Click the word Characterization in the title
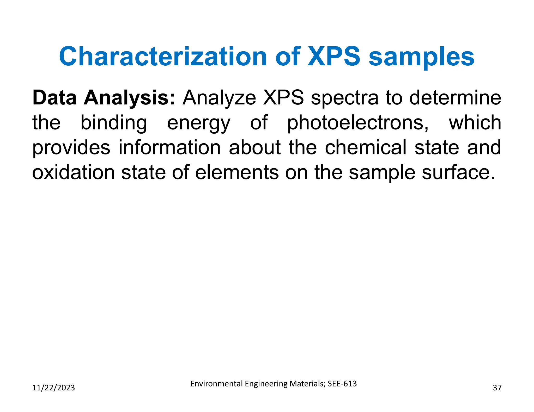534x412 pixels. coord(163,57)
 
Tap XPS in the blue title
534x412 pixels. coord(334,57)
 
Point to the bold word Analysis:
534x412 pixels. coord(130,98)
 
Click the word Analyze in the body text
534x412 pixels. coord(219,98)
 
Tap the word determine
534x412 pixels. coord(455,98)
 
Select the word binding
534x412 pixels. coord(114,123)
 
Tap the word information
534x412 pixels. coord(170,147)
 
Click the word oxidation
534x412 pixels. coord(73,172)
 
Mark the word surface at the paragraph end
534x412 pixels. coord(458,172)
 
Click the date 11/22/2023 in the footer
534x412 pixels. coord(53,388)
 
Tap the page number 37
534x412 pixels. coord(497,388)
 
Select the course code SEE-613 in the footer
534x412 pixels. coord(342,384)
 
